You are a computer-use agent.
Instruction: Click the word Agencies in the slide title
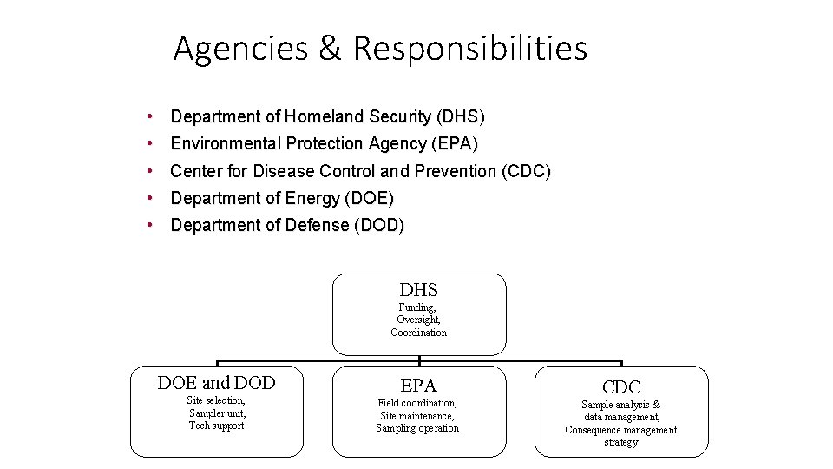pyautogui.click(x=240, y=49)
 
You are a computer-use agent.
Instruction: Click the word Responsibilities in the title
pyautogui.click(x=469, y=49)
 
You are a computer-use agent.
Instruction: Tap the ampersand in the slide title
pyautogui.click(x=330, y=49)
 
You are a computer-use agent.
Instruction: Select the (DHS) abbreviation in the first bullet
pyautogui.click(x=461, y=116)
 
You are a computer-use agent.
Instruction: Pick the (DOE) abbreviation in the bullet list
pyautogui.click(x=369, y=198)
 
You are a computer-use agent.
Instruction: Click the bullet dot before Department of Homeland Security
pyautogui.click(x=151, y=116)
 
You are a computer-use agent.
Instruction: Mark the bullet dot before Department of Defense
pyautogui.click(x=151, y=225)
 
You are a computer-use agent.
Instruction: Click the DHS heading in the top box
pyautogui.click(x=418, y=290)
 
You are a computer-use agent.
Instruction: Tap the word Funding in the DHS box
pyautogui.click(x=417, y=307)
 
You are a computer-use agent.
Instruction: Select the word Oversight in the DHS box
pyautogui.click(x=418, y=320)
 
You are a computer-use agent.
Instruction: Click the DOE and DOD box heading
pyautogui.click(x=216, y=383)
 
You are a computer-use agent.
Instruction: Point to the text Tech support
pyautogui.click(x=216, y=426)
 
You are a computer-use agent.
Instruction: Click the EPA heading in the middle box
pyautogui.click(x=418, y=386)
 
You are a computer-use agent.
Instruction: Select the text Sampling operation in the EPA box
pyautogui.click(x=417, y=428)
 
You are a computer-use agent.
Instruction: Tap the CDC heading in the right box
pyautogui.click(x=621, y=387)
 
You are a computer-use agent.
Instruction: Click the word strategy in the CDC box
pyautogui.click(x=620, y=442)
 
